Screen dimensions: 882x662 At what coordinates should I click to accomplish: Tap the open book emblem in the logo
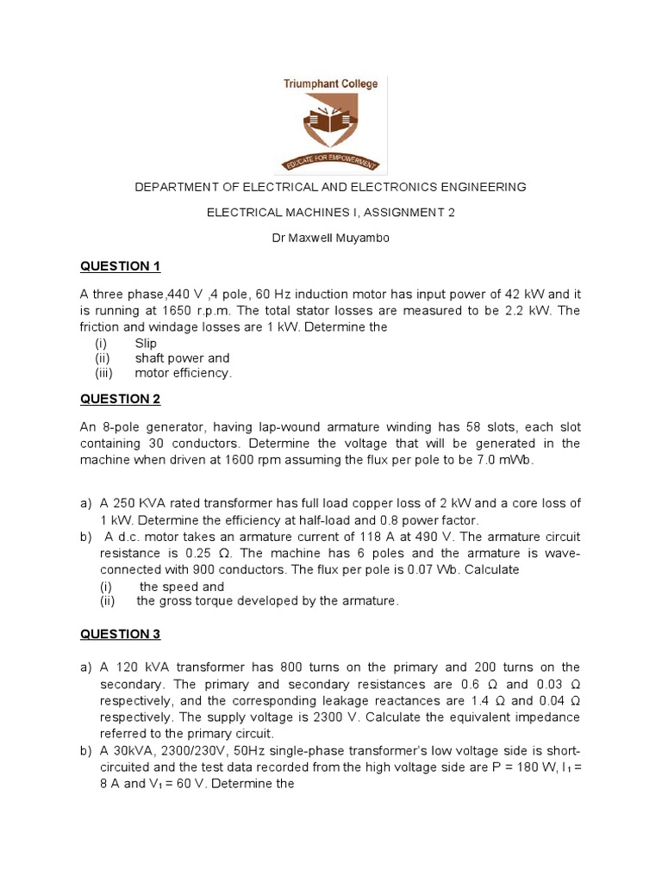pyautogui.click(x=330, y=121)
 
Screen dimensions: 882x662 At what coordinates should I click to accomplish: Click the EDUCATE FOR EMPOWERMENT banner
pyautogui.click(x=332, y=161)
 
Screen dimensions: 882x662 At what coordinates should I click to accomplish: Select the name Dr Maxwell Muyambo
pyautogui.click(x=330, y=238)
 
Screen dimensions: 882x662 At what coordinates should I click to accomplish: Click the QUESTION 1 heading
pyautogui.click(x=121, y=265)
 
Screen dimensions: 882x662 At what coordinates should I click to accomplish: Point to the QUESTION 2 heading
pyautogui.click(x=121, y=399)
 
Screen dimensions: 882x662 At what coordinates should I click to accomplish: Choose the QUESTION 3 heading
pyautogui.click(x=121, y=634)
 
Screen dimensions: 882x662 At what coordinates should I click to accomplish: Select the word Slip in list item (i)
pyautogui.click(x=146, y=343)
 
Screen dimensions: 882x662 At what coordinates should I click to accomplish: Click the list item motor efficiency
pyautogui.click(x=184, y=373)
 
